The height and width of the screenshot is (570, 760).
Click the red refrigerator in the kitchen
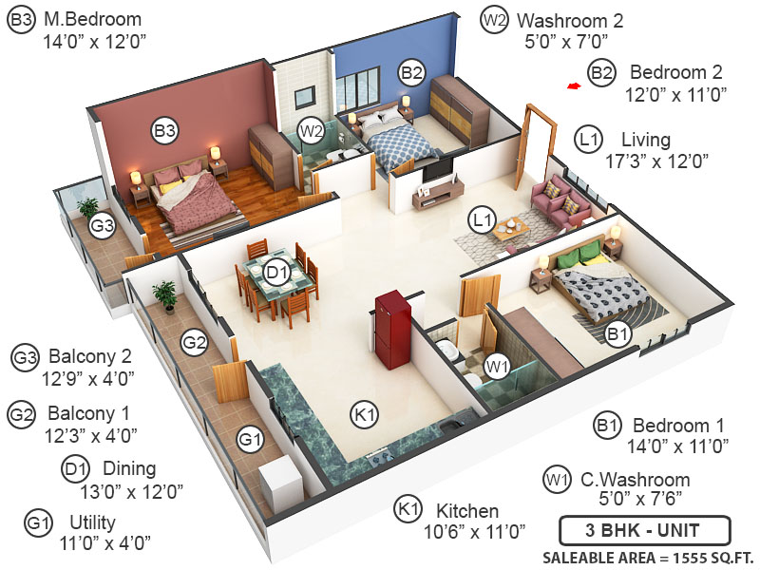pyautogui.click(x=391, y=330)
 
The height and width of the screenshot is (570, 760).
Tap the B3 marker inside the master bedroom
pyautogui.click(x=166, y=132)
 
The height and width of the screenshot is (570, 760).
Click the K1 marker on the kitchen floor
pyautogui.click(x=365, y=414)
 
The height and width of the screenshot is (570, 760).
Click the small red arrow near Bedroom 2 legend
pyautogui.click(x=573, y=87)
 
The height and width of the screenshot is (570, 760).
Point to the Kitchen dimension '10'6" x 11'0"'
pyautogui.click(x=474, y=532)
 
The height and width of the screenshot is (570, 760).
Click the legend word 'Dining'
pyautogui.click(x=129, y=468)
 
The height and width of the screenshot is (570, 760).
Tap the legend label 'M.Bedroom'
pyautogui.click(x=92, y=19)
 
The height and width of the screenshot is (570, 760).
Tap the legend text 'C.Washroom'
pyautogui.click(x=636, y=480)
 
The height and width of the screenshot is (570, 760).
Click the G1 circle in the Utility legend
pyautogui.click(x=38, y=522)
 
